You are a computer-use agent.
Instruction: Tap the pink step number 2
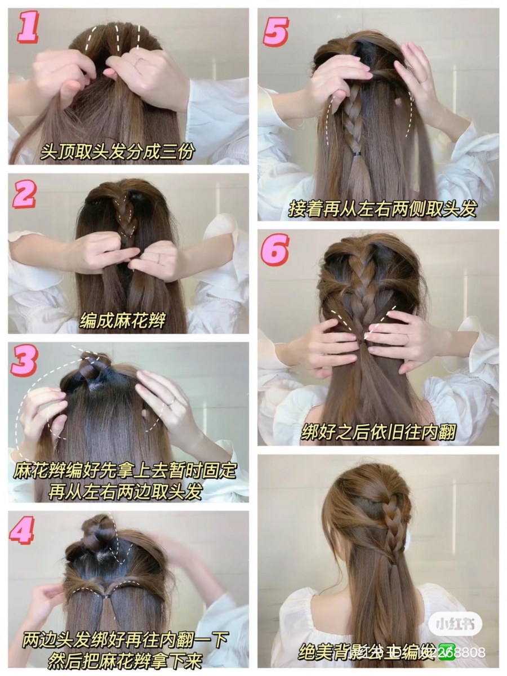(25, 195)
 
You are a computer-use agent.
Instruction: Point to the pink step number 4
(23, 530)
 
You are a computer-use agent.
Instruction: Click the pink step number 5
(276, 30)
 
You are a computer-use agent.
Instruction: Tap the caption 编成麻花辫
(123, 321)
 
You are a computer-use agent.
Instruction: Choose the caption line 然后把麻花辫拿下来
(125, 659)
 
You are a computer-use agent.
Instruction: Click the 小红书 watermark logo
(455, 624)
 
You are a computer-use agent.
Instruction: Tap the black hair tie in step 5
(357, 153)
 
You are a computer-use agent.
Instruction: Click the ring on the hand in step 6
(405, 339)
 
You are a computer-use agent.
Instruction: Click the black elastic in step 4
(106, 595)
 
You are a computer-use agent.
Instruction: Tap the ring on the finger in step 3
(171, 402)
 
